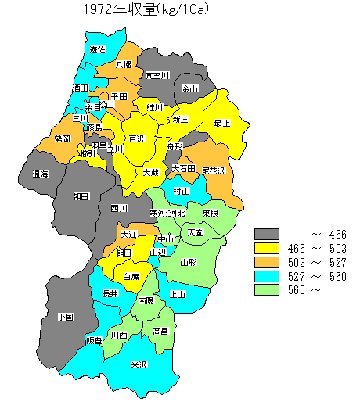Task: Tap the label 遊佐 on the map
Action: click(98, 49)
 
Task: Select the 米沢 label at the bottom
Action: click(139, 365)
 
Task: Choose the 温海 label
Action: click(41, 174)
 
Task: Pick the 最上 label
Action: click(222, 123)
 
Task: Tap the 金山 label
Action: click(190, 88)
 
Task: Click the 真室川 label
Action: click(157, 76)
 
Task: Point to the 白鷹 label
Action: click(131, 276)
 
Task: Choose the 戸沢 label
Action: click(137, 138)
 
